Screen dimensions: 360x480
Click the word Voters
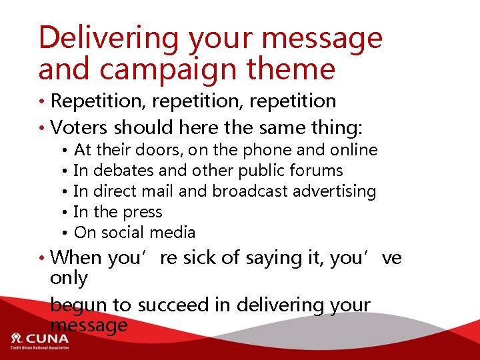pyautogui.click(x=80, y=127)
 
